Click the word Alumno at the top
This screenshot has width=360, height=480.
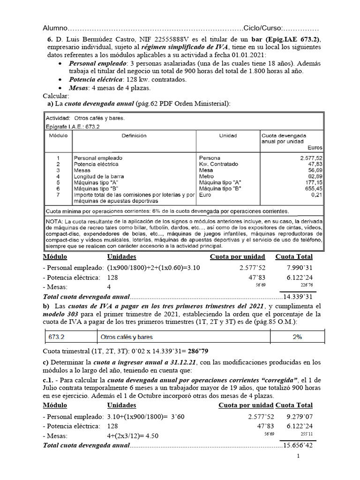(55, 28)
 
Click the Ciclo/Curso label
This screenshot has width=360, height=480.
(263, 28)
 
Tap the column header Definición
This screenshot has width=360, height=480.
(134, 135)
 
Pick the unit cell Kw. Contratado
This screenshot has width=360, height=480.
(218, 164)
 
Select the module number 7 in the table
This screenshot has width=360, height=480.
(58, 195)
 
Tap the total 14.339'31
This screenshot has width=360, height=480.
(299, 297)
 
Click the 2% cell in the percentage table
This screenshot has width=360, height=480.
(297, 337)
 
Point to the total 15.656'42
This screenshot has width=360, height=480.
(299, 445)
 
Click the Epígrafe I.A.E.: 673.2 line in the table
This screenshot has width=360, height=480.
(73, 126)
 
